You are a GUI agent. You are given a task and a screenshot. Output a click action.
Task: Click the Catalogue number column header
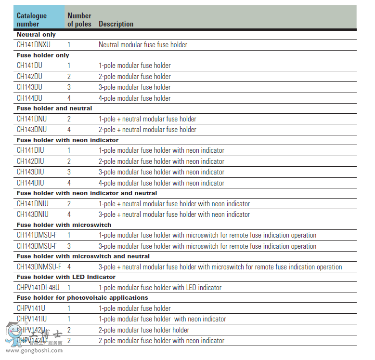32,19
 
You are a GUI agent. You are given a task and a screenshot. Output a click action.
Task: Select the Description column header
116,24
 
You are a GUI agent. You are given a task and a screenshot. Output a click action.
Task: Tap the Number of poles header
79,19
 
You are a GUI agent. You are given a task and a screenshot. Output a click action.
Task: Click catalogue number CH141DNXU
34,45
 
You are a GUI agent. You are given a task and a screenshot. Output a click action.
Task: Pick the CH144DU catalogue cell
30,98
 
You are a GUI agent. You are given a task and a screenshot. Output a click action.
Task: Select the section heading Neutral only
36,35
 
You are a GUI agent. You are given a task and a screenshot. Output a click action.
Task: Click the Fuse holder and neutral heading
54,108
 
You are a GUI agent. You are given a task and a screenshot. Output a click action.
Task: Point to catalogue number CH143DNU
32,129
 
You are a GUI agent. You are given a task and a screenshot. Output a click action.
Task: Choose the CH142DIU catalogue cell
30,161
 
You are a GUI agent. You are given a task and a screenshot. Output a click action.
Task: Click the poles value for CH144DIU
69,183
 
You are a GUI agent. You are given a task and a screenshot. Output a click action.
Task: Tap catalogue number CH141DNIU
33,204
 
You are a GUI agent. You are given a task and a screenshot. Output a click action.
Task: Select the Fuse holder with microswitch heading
64,225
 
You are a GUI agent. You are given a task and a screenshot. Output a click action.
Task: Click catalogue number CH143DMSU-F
37,246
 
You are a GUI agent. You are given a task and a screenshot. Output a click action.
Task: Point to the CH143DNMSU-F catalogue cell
39,267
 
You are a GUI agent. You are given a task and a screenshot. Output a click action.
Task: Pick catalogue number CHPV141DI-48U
38,287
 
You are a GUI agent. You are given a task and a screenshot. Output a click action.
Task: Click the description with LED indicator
160,287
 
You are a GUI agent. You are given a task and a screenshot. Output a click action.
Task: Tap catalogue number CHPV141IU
32,319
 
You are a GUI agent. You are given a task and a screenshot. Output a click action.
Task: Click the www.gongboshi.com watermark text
34,350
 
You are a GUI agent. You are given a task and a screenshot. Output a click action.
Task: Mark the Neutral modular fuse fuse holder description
143,45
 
